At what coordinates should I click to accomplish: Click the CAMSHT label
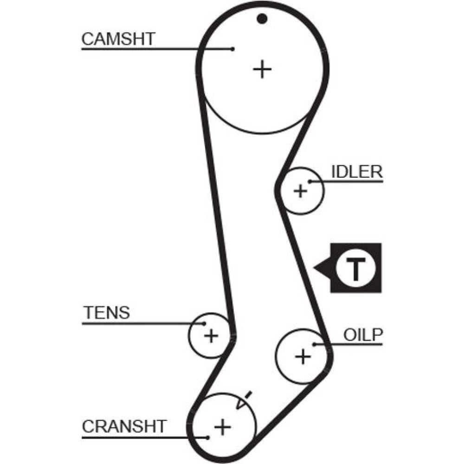tap(118, 39)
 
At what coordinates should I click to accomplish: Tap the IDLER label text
tap(357, 172)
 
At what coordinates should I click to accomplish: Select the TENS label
tap(106, 313)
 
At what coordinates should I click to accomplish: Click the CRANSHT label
tap(124, 426)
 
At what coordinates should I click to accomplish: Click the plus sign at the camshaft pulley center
tap(262, 70)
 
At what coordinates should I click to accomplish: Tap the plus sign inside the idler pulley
tap(301, 190)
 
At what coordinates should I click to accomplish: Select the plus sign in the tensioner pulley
tap(211, 335)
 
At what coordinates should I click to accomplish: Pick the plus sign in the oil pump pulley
tap(303, 356)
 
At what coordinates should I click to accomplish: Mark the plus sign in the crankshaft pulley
tap(223, 426)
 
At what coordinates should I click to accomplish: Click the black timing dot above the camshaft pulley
tap(263, 19)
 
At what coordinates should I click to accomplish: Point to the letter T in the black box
tap(355, 268)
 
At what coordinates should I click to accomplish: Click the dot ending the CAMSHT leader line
tap(233, 48)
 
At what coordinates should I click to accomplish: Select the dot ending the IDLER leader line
tap(310, 181)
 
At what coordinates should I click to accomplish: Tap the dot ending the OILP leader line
tap(315, 344)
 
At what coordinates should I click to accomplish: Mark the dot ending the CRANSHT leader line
tap(208, 437)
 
